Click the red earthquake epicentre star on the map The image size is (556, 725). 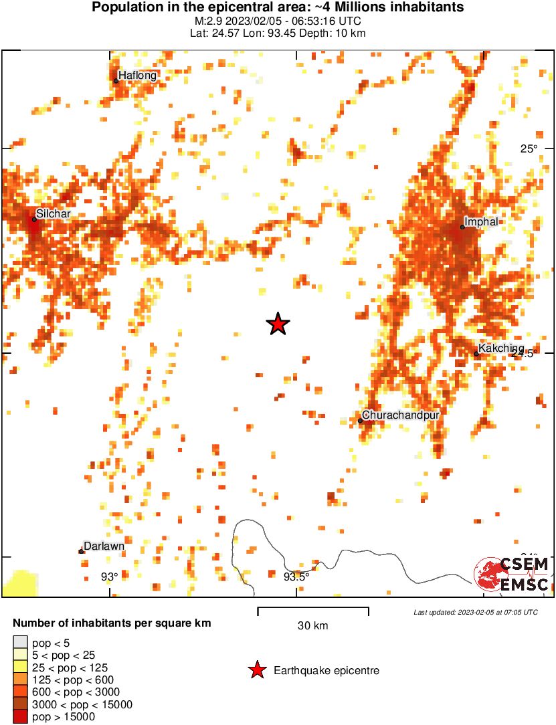278,324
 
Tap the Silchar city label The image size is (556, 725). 53,213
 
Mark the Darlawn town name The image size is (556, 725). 104,546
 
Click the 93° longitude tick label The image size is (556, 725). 110,577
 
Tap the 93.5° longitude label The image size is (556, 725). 296,577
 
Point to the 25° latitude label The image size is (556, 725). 529,148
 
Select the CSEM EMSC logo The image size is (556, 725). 512,574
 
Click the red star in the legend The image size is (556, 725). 256,670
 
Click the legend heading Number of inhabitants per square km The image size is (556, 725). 112,623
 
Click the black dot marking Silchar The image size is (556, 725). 34,219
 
